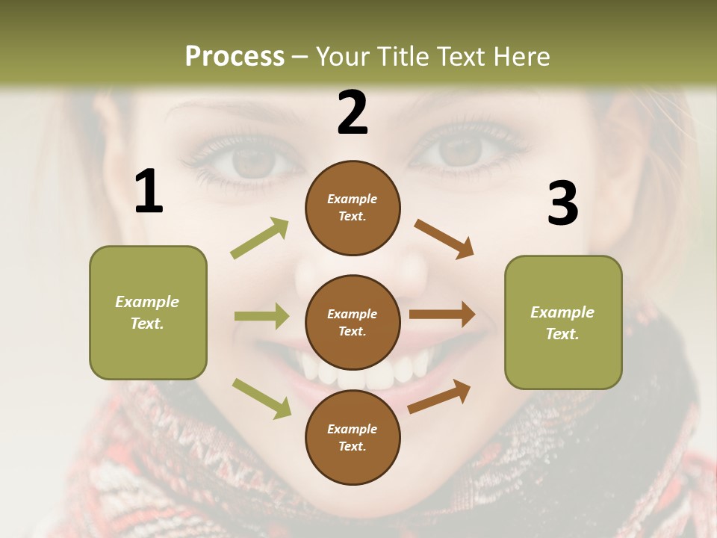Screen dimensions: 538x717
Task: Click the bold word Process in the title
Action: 235,56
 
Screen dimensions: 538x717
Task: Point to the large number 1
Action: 149,192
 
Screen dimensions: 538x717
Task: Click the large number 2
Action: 353,113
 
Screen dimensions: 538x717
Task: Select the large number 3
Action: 562,204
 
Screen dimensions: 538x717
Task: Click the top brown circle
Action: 353,208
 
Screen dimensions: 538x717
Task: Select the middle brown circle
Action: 353,323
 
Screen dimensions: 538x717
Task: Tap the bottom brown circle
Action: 353,438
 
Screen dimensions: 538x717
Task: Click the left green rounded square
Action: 148,312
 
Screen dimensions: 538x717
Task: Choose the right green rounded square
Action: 563,323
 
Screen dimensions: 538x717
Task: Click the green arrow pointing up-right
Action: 260,238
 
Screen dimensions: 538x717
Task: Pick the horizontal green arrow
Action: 261,316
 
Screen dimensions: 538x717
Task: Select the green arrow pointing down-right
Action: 262,398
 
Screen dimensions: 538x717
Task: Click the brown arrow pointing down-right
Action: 444,239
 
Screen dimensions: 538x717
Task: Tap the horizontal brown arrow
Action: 442,315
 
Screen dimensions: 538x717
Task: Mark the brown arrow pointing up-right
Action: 439,396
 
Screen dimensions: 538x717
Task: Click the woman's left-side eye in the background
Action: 246,158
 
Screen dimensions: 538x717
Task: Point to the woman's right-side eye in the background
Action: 457,152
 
